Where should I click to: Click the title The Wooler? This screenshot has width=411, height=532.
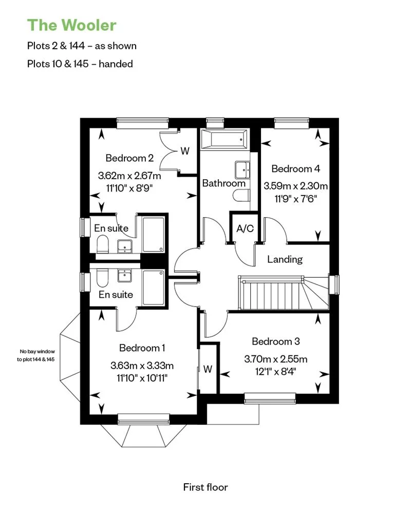tap(71, 25)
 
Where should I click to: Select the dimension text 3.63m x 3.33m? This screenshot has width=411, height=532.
tap(142, 366)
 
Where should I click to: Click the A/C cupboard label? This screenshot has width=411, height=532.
tap(245, 229)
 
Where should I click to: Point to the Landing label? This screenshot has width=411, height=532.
tap(285, 259)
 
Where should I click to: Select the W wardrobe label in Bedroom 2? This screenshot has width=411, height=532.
tap(185, 151)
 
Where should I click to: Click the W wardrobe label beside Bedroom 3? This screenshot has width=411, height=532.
tap(208, 369)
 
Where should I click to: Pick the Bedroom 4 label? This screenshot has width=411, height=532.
tap(295, 168)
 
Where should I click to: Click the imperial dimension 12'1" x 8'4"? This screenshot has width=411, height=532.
tap(276, 371)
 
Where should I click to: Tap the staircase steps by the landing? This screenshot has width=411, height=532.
tap(270, 293)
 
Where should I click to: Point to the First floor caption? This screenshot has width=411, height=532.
tap(205, 487)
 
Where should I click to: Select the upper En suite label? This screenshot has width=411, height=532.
tap(111, 229)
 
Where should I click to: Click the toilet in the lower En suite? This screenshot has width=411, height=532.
tap(101, 279)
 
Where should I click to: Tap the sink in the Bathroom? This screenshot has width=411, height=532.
tap(242, 168)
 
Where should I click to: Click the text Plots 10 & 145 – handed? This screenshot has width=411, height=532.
tap(80, 64)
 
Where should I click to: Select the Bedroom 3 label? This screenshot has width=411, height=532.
tap(275, 341)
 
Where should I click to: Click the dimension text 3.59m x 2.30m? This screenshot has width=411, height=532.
tap(295, 186)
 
